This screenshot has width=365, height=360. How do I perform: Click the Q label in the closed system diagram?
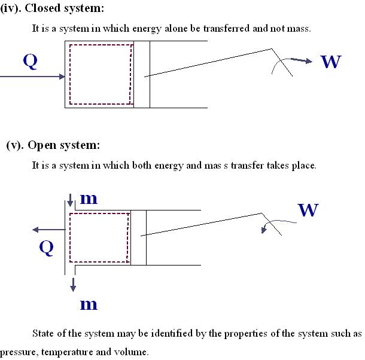pos(31,60)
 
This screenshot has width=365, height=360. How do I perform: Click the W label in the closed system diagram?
pos(331,61)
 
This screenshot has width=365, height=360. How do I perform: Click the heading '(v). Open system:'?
pos(53,145)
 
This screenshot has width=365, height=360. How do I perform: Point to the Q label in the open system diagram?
pos(46,247)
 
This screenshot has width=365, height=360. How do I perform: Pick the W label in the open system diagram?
pos(308,210)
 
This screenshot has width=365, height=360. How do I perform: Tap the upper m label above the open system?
pos(89,199)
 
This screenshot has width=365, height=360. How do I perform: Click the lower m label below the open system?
pos(89,304)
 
